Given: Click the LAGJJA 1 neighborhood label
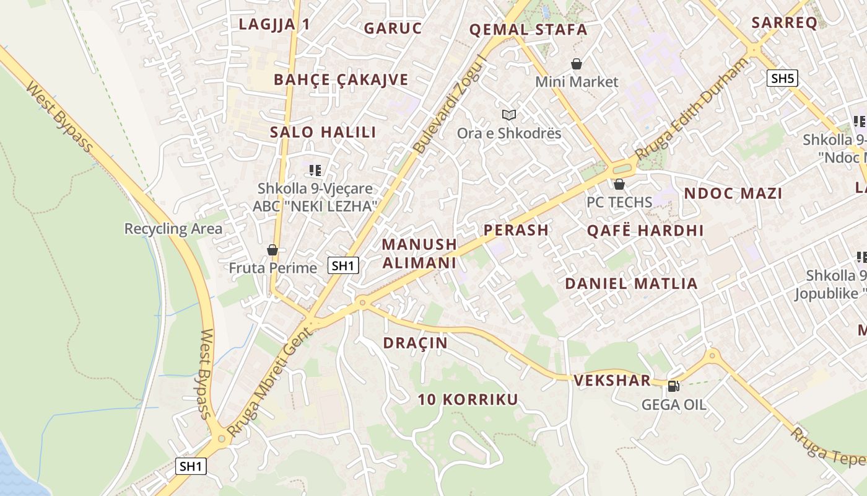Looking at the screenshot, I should tap(274, 24).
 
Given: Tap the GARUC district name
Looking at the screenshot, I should tap(393, 28).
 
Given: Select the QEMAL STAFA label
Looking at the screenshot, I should tap(528, 29).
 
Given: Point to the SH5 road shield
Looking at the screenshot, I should tap(782, 78).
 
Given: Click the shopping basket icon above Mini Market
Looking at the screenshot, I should tap(577, 64).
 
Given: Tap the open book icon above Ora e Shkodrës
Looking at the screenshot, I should tap(509, 115).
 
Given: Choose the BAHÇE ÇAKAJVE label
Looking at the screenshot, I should tap(341, 79).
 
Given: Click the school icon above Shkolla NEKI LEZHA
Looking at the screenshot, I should tap(315, 170).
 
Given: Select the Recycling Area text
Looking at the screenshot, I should tap(173, 229).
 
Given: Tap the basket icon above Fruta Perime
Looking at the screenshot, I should tap(272, 250).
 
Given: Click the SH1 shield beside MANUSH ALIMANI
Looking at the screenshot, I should tap(343, 265).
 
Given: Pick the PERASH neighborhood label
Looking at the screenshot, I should tap(516, 230).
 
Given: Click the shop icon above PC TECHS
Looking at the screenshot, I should tap(619, 184).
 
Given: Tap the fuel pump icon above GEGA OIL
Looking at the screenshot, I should tap(673, 386).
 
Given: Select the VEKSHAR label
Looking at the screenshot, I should tap(612, 380).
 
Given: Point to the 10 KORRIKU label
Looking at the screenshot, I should tap(468, 399).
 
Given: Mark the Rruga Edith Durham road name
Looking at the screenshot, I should tap(692, 108).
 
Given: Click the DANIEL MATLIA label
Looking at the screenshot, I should tap(631, 283).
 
